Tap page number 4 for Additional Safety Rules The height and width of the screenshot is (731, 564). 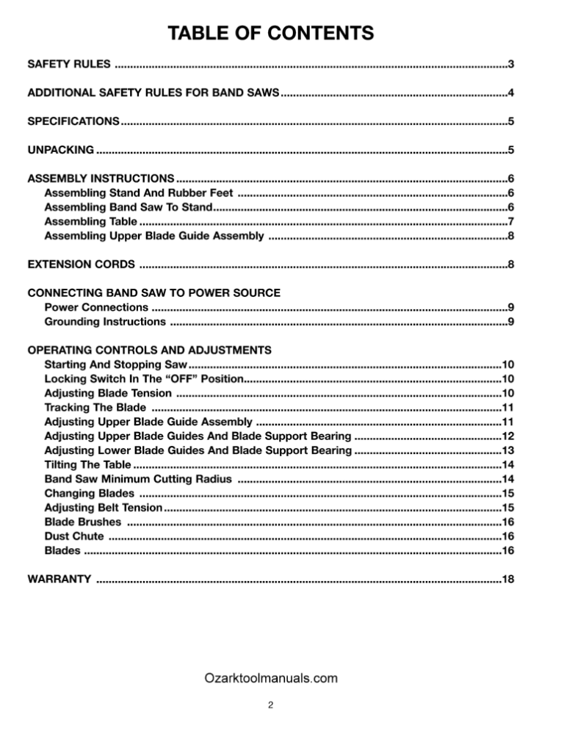click(510, 93)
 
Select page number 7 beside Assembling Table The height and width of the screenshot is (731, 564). click(510, 221)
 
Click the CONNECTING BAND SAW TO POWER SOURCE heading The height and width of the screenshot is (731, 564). click(153, 292)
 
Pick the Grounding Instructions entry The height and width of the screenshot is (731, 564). click(104, 321)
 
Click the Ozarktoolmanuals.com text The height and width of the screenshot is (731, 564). click(270, 678)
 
